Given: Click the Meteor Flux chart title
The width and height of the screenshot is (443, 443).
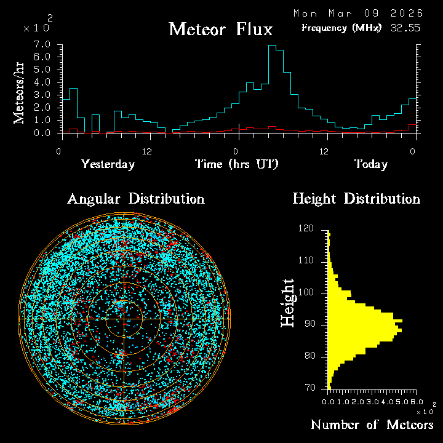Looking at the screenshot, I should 220,29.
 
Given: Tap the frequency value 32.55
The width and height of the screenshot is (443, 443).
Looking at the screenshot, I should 404,28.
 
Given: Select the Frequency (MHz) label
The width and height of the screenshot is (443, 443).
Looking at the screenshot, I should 341,28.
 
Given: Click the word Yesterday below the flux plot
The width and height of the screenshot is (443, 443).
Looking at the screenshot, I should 108,164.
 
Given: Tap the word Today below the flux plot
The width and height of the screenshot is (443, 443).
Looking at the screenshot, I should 370,164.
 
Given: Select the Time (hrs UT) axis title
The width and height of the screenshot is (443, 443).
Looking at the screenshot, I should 237,164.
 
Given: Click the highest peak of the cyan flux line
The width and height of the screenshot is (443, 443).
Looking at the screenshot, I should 272,46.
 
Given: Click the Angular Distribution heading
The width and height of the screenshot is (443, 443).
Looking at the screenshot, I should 135,199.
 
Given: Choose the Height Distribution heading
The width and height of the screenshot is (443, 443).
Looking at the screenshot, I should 356,199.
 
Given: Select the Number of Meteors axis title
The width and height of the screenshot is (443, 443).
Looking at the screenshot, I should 372,425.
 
